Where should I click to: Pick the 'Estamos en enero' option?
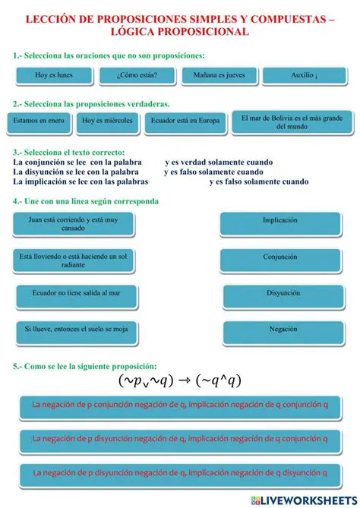point(39,120)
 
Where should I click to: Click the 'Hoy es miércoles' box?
point(107,120)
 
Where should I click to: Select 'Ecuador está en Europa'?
point(185,120)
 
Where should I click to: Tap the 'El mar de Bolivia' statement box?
point(292,122)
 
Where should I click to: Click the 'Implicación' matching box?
point(280,221)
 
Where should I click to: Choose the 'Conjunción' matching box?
point(280,257)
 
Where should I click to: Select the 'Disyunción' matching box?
point(283,293)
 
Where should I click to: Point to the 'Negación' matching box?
point(283,330)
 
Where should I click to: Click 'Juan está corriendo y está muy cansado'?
point(74,223)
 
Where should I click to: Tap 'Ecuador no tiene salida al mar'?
point(76,293)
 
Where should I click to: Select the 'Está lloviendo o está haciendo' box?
point(74,260)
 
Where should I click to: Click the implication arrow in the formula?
point(185,380)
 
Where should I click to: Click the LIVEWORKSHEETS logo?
point(297,500)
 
